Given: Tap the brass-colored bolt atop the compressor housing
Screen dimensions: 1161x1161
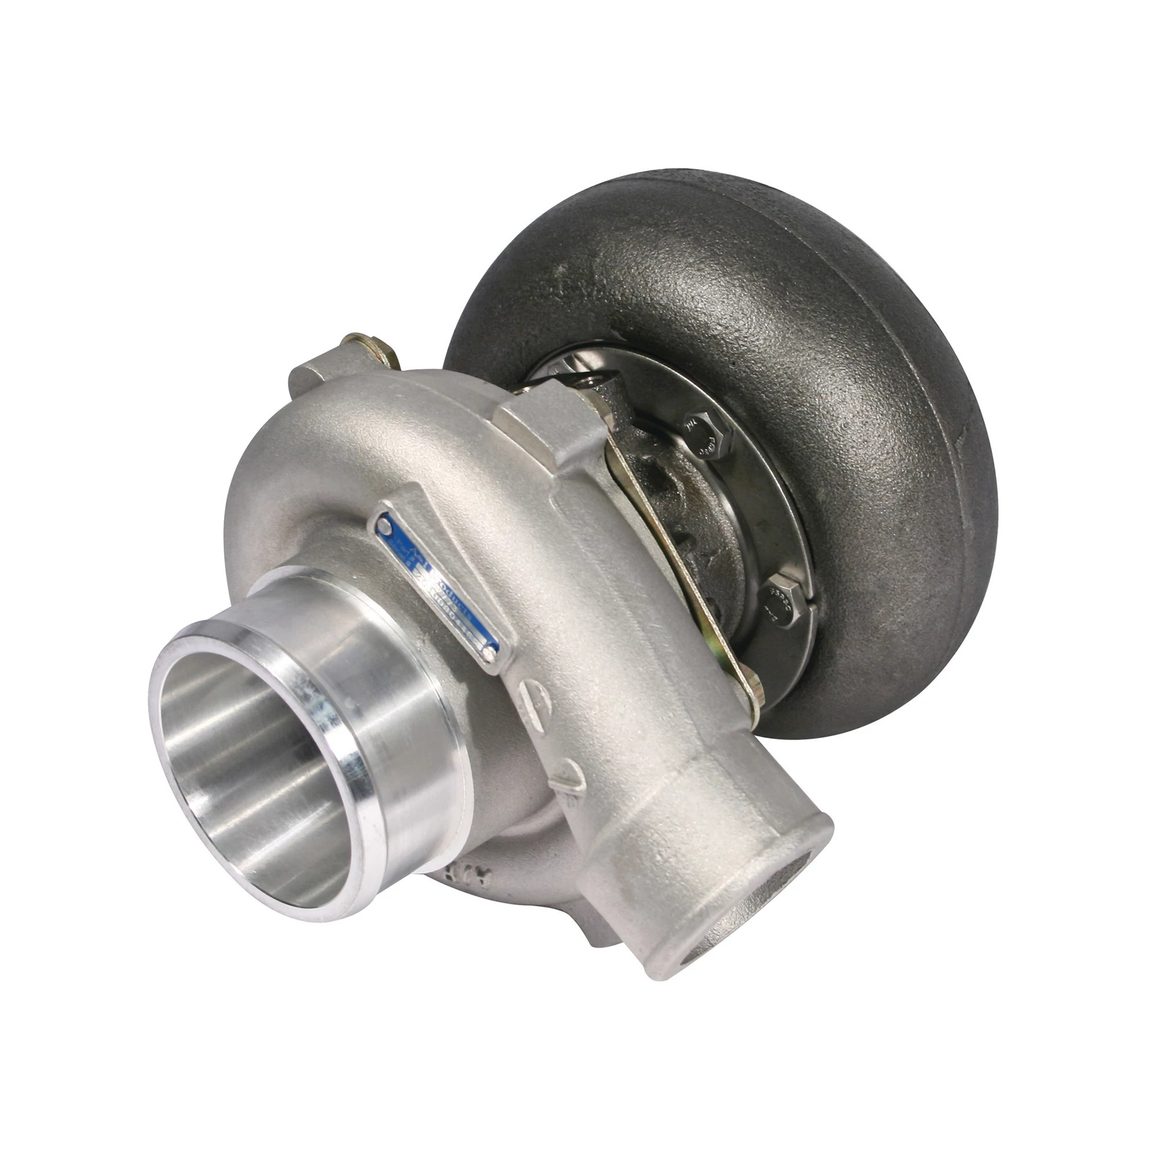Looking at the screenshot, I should (x=366, y=348).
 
